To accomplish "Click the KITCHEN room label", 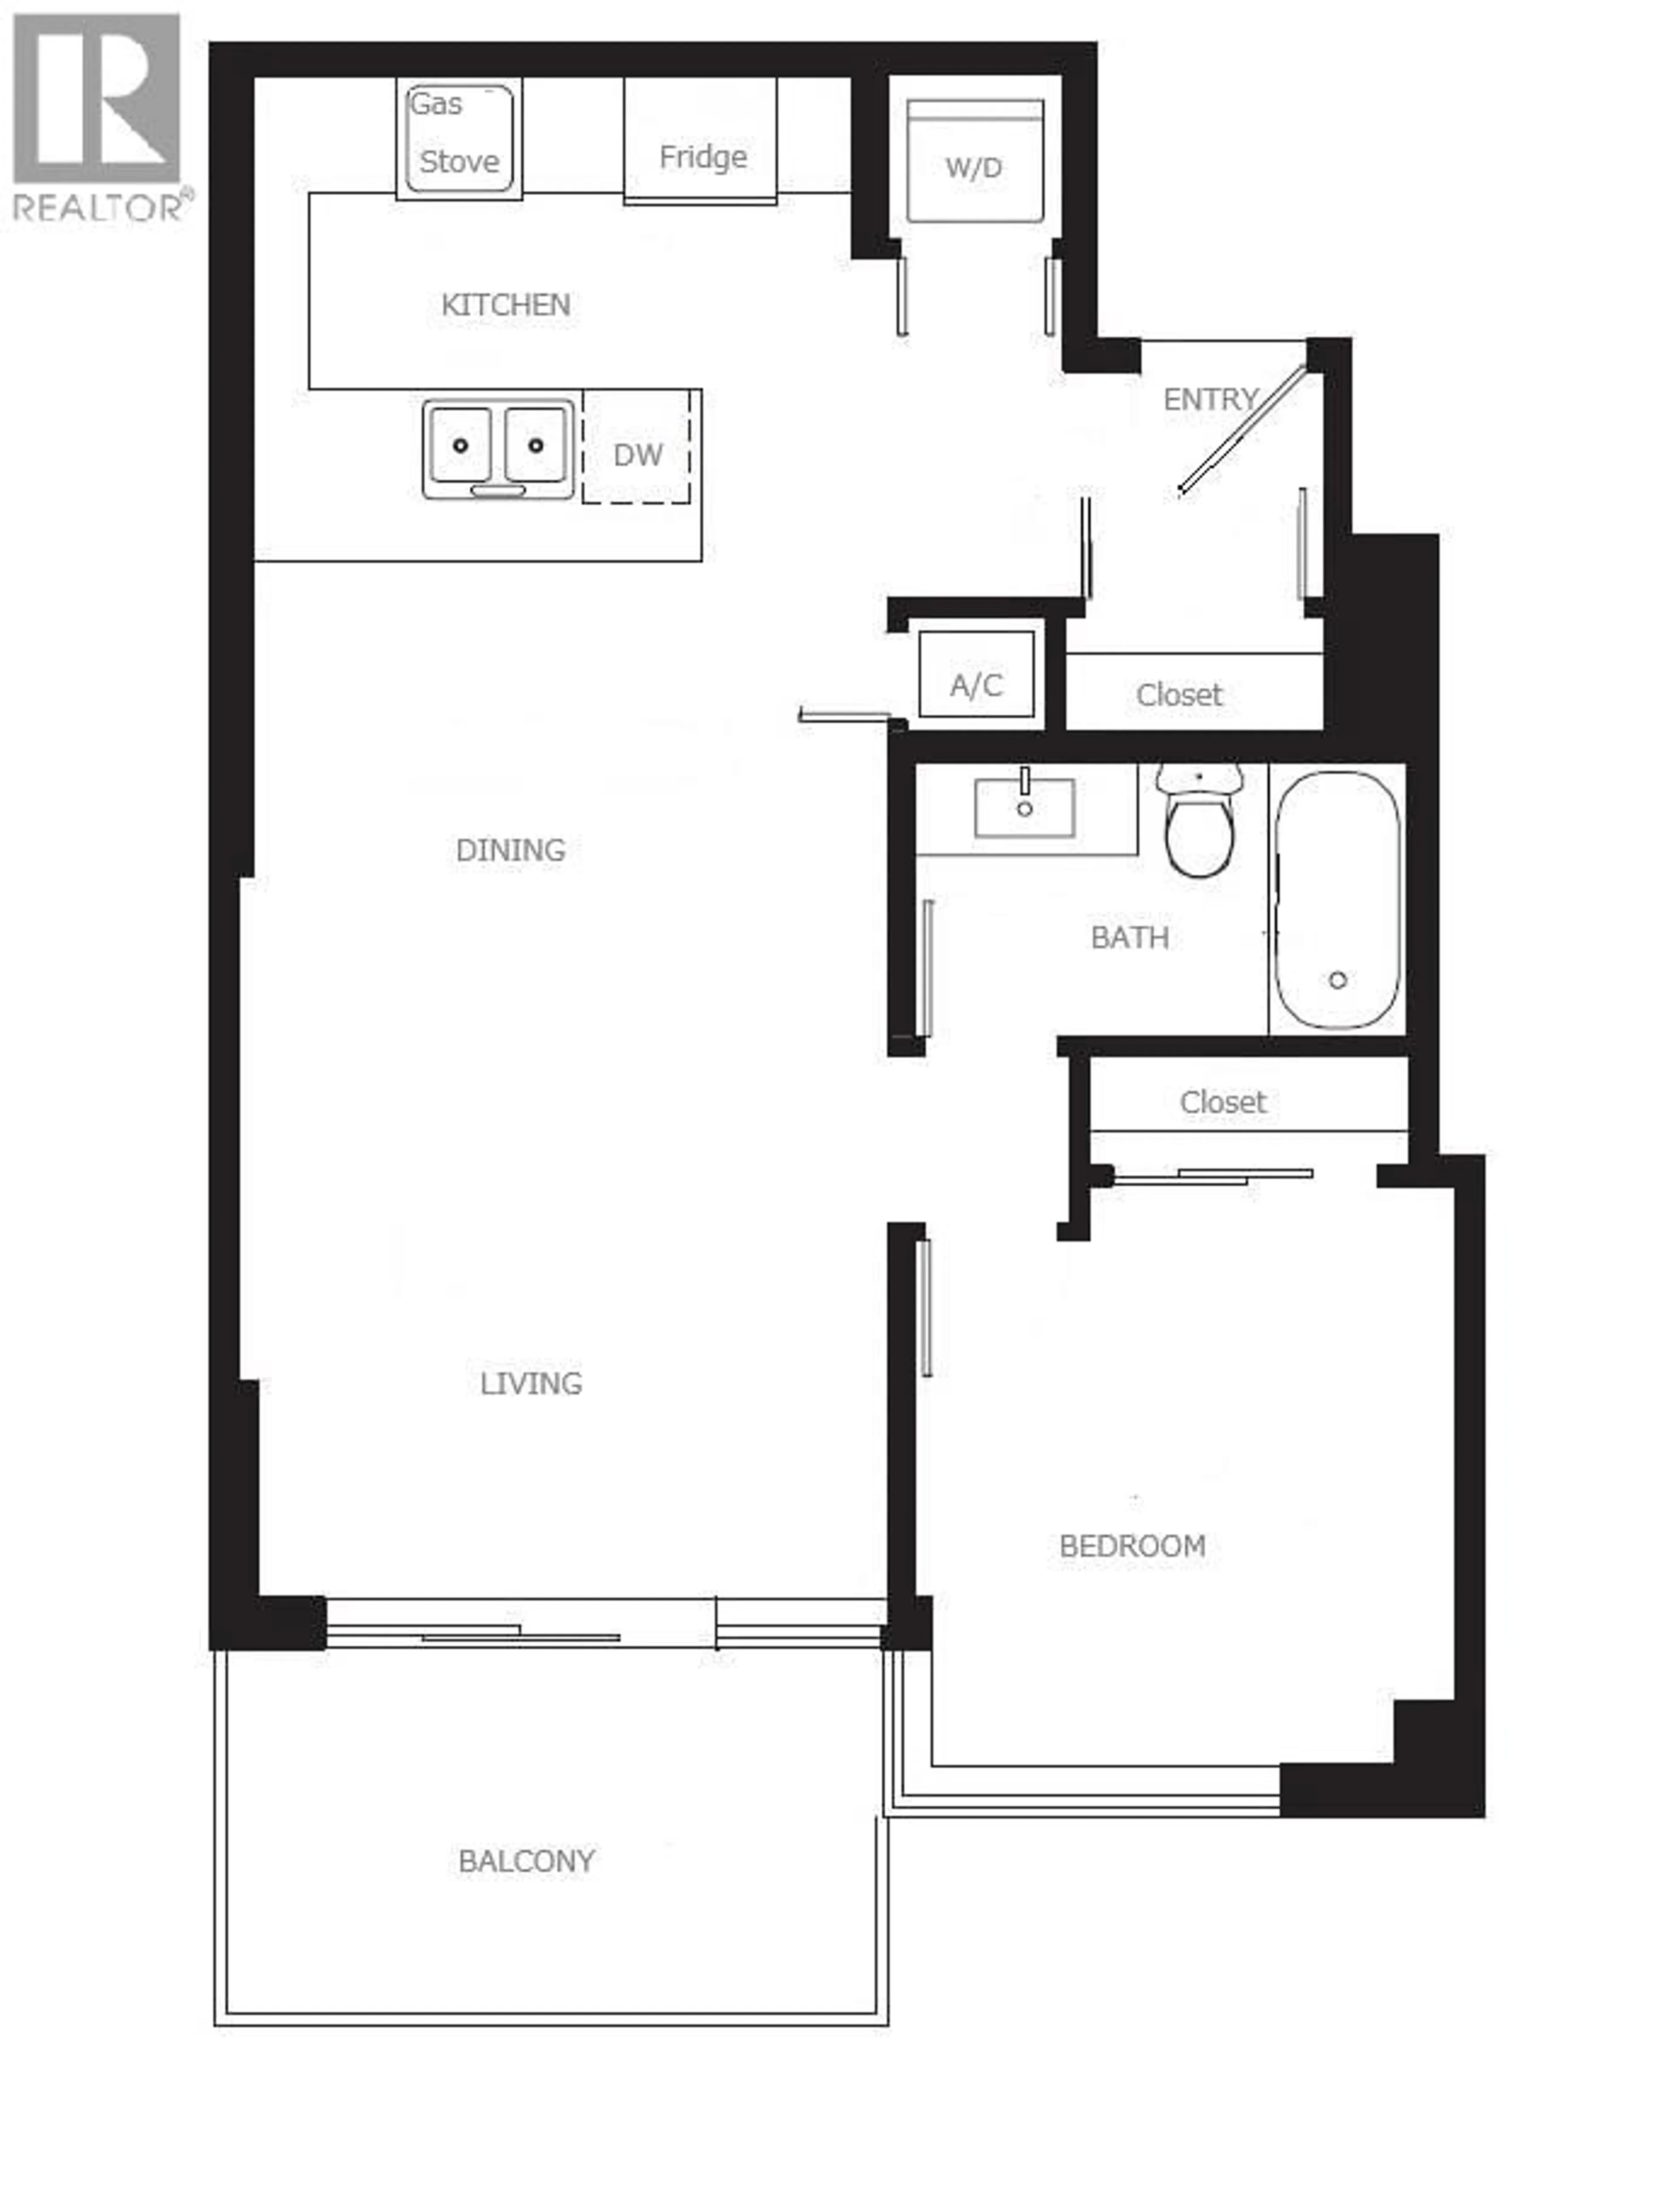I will pos(506,304).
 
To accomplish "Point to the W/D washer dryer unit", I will pos(974,162).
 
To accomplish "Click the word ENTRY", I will pos(1210,399).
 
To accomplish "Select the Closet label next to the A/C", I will pos(1180,695).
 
